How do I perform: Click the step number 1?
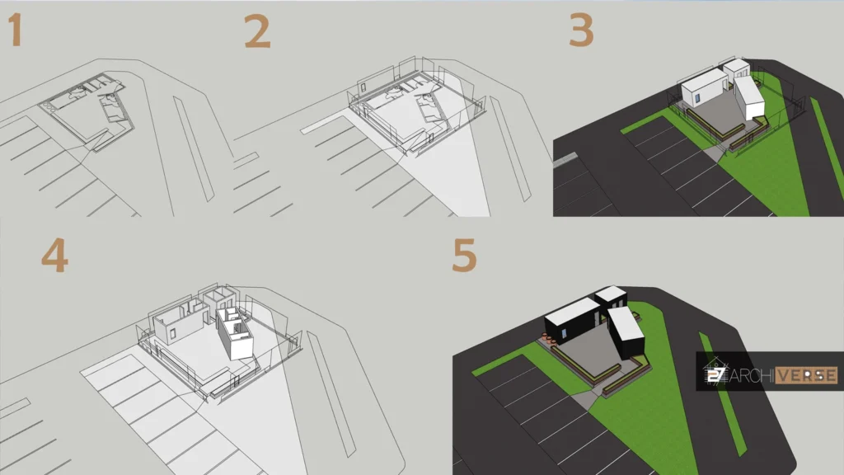tap(14, 31)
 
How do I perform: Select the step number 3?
tap(580, 31)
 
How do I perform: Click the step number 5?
tap(464, 256)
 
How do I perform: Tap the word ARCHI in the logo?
tap(750, 374)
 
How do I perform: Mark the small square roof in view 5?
tap(611, 294)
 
